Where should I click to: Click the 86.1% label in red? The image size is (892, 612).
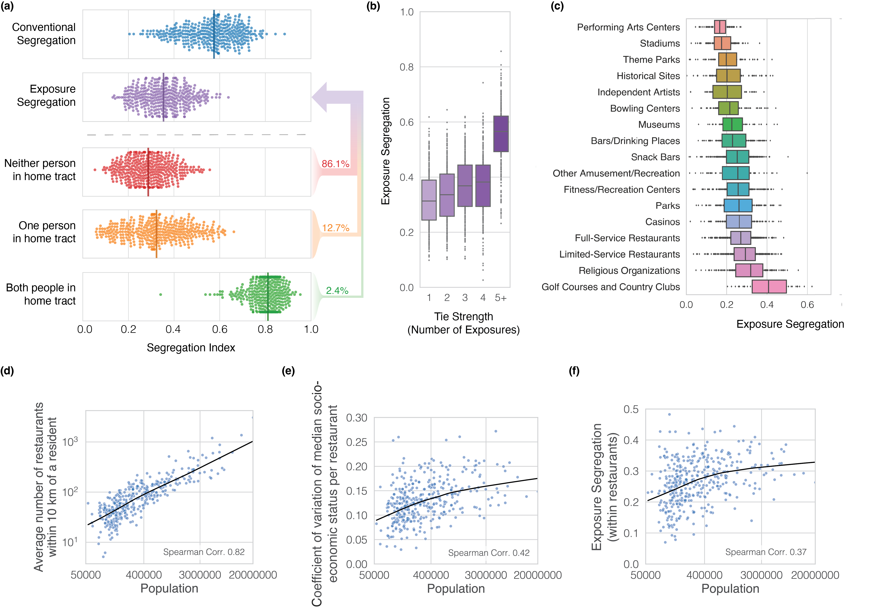tap(335, 164)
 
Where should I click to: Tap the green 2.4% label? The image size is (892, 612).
tap(337, 291)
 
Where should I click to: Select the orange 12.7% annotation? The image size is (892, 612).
tap(335, 228)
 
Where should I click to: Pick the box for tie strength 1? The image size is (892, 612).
tap(429, 200)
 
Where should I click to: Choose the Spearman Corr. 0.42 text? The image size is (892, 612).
tap(489, 553)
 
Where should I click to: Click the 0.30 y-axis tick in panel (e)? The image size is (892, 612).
tap(357, 418)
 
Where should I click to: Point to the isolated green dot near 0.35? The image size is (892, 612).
tap(161, 294)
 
